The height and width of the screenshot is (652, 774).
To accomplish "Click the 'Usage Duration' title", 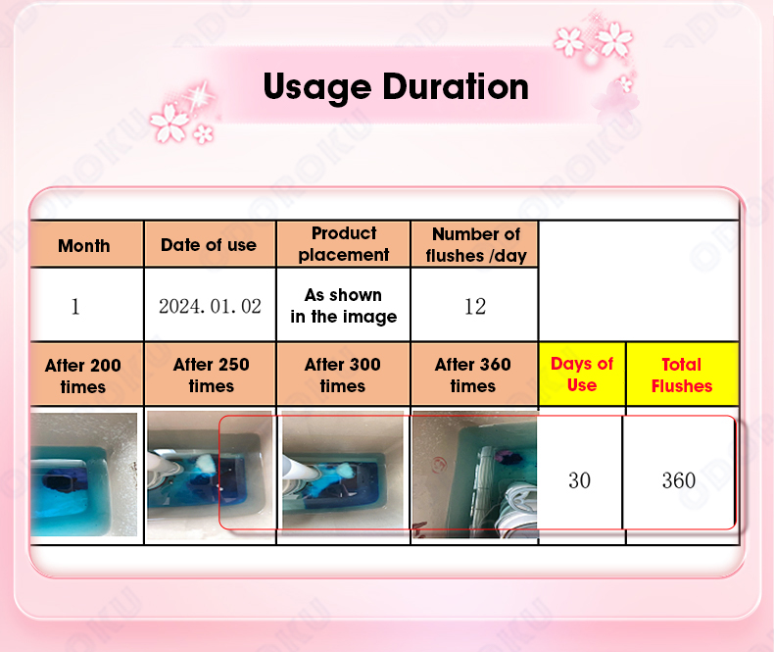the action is (396, 87).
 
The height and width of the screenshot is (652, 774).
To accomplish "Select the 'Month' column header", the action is (84, 245).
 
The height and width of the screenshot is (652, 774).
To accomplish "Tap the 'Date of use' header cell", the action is (209, 245).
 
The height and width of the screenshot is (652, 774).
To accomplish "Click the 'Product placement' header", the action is (344, 244).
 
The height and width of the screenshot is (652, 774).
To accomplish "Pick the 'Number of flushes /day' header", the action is (476, 245).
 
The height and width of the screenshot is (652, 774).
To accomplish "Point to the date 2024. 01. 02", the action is (210, 306).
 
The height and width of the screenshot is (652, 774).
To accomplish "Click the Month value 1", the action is (75, 307).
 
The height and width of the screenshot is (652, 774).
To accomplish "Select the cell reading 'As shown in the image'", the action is (344, 306).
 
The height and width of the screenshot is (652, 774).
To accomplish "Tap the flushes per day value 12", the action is (475, 307).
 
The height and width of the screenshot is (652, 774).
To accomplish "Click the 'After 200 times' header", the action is (83, 376).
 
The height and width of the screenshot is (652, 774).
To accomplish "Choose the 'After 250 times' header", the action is (212, 375).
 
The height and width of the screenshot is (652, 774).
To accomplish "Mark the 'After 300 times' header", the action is (343, 375).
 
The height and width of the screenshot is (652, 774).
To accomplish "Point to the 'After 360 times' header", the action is (473, 375).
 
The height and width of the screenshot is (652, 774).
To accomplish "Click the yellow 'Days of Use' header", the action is (582, 374).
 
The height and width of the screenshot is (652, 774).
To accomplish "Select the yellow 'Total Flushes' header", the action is (682, 375).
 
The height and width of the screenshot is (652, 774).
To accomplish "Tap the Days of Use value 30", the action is (579, 480).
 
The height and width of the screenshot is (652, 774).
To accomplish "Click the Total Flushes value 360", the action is (679, 480).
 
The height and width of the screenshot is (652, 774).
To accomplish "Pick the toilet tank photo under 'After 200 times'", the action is (84, 475).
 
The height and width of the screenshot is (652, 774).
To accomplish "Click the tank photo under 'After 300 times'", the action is (343, 471).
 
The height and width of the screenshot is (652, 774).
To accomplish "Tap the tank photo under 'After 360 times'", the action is (475, 475).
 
